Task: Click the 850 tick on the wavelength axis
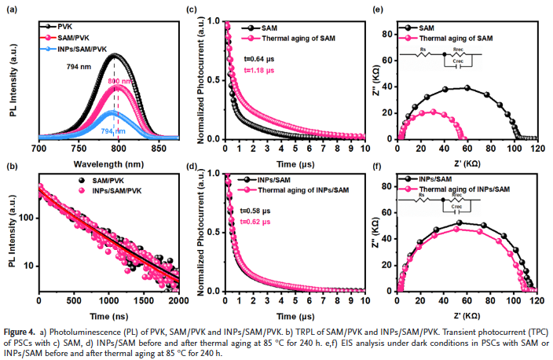pyautogui.click(x=158, y=149)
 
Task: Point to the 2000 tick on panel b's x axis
pyautogui.click(x=179, y=299)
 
